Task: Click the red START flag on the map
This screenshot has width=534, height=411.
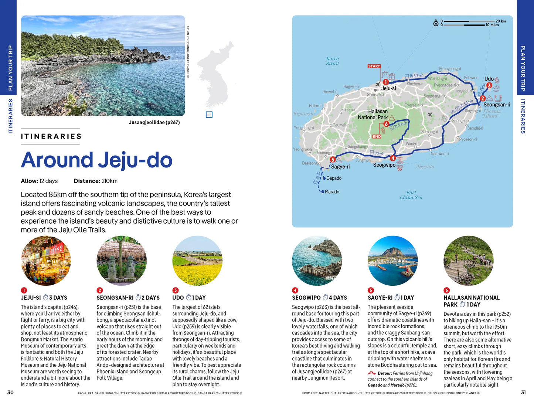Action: pos(374,66)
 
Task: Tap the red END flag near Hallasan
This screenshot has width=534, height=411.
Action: pos(377,136)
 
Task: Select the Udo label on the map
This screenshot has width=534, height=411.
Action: pos(489,79)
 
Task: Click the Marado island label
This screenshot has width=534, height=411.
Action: pos(331,192)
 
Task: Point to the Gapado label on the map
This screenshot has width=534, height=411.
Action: pos(333,178)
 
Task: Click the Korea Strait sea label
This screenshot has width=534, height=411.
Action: pos(332,61)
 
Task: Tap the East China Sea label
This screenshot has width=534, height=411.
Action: pos(411,195)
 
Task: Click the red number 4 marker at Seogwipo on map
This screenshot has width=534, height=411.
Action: pos(393,159)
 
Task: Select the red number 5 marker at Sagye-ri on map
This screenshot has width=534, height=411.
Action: pos(333,160)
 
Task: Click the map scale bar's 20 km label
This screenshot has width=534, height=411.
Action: pos(500,21)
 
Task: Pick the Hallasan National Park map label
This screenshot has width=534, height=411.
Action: pos(373,114)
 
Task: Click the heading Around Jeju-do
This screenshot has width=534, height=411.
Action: pos(96,160)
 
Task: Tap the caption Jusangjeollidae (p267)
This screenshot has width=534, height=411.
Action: pos(154,122)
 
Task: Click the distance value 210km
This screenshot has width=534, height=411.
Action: pos(109,181)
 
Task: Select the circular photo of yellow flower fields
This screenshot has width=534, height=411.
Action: pos(197,261)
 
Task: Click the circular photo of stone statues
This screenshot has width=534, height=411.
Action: pos(122,261)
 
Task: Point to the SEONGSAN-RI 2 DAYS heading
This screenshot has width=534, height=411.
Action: pos(128,298)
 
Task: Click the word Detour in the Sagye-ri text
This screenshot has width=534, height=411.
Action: pos(384,373)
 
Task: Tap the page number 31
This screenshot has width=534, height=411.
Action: pos(523,393)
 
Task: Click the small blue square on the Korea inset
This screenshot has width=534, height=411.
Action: pos(209,115)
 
